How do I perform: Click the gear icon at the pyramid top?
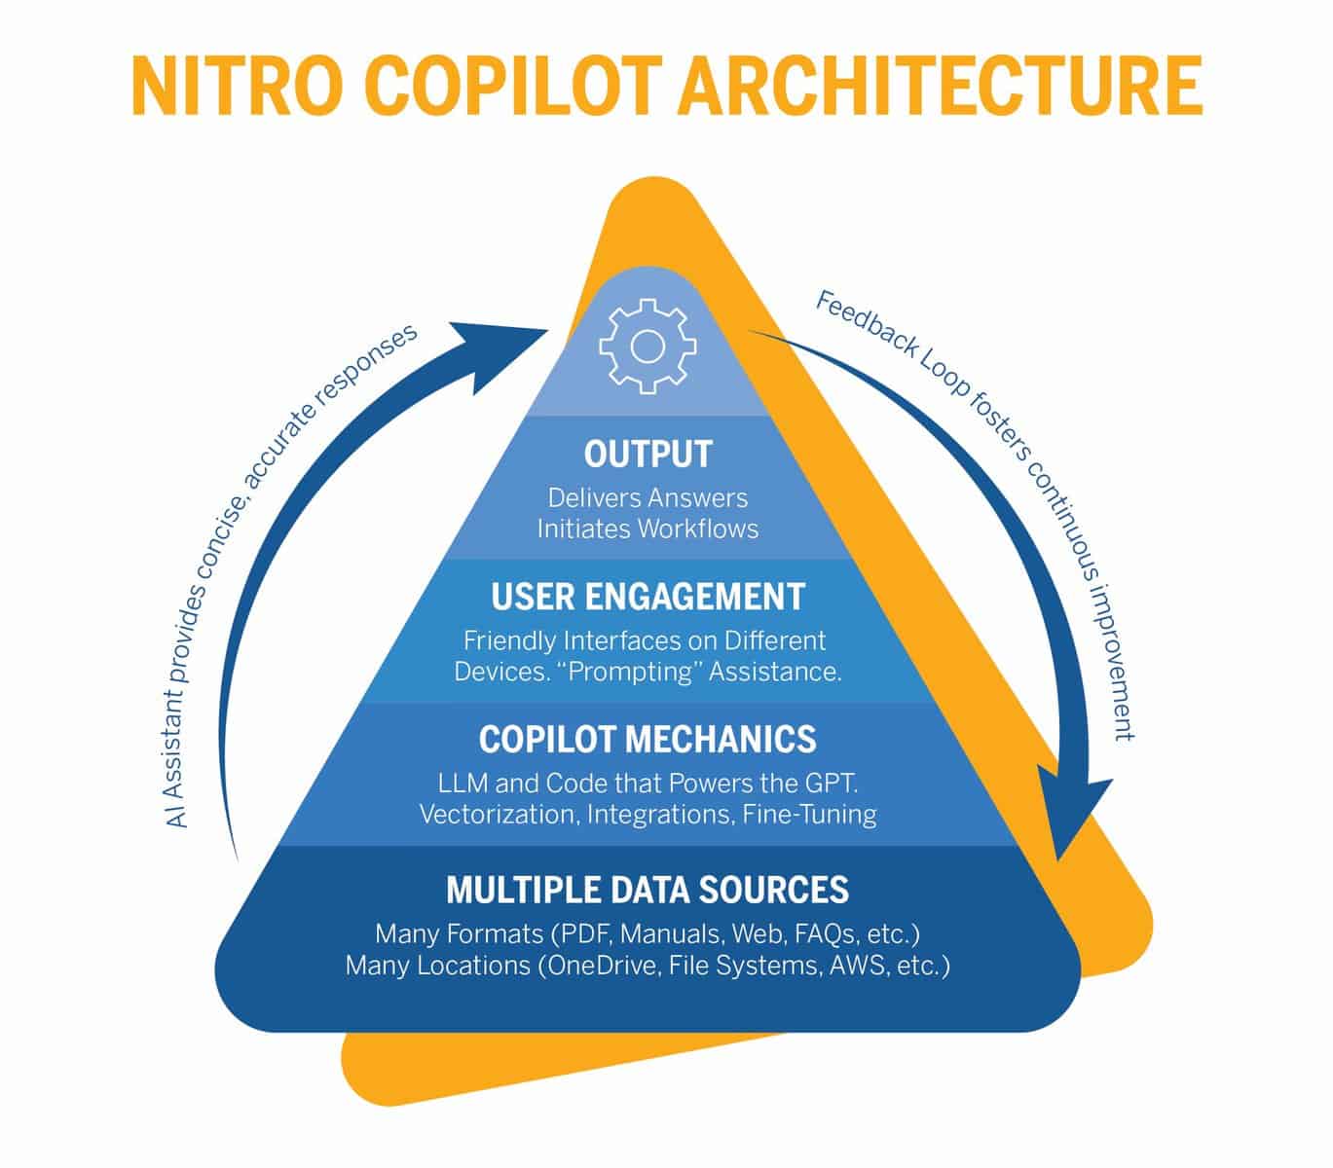[x=648, y=347]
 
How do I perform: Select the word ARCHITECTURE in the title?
[x=941, y=86]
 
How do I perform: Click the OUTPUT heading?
[x=648, y=455]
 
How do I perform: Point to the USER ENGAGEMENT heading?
[x=648, y=597]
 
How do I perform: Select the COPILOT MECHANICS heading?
[x=648, y=739]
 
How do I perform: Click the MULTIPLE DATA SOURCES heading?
[x=648, y=890]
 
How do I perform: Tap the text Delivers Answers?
[x=648, y=498]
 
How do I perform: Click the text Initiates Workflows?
[x=648, y=529]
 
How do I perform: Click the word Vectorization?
[x=500, y=815]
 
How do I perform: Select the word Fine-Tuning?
[x=809, y=815]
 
